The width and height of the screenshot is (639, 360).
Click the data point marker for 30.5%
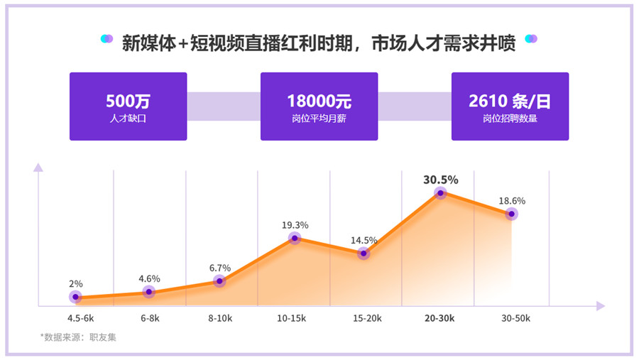point(440,192)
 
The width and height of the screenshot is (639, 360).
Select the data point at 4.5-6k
point(75,297)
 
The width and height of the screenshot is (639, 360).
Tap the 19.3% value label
point(295,225)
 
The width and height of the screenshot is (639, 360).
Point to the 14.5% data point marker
point(364,253)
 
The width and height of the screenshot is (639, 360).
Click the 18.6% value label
point(511,201)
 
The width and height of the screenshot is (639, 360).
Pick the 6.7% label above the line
point(220,268)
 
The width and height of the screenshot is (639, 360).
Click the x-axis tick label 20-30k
point(440,319)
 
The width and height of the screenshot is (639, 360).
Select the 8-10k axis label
point(220,319)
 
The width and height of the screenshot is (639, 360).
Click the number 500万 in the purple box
point(128,101)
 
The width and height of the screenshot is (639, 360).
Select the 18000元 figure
point(319,101)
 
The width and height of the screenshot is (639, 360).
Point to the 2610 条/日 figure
point(510,101)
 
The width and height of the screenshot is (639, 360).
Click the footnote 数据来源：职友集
point(78,337)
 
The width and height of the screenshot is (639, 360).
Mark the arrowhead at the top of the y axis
point(38,168)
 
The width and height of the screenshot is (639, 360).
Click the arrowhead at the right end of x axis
point(601,306)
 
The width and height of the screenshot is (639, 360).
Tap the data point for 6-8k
point(148,292)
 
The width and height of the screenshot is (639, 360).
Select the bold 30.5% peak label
point(440,180)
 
